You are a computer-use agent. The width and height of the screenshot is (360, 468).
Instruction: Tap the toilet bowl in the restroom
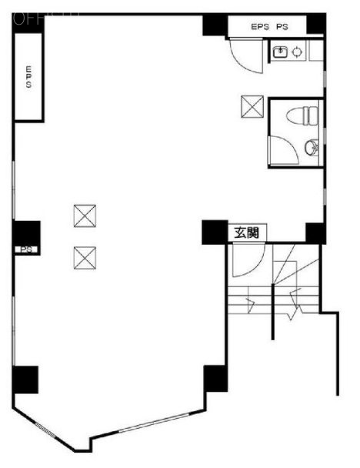click(301, 117)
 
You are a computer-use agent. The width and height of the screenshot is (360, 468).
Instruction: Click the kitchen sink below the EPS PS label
click(281, 52)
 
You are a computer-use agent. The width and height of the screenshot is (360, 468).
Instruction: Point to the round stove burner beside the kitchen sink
click(297, 52)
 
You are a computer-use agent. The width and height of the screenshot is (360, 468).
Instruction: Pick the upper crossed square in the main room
click(83, 214)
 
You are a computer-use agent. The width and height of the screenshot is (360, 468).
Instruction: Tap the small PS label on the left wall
click(25, 249)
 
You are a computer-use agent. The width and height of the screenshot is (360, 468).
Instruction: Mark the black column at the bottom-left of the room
click(25, 378)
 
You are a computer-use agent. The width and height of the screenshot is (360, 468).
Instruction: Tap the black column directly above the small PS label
click(26, 231)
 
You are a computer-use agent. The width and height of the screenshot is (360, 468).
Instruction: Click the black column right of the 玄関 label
click(314, 232)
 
